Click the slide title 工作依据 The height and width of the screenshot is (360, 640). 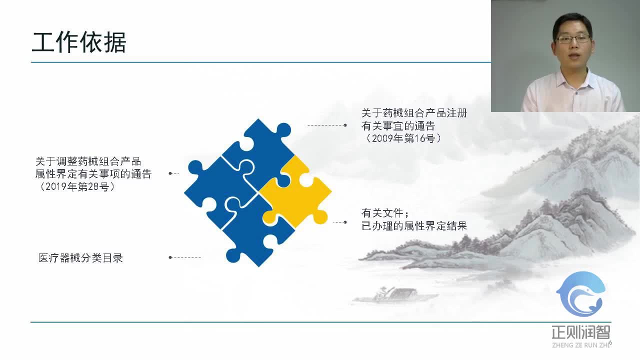78,43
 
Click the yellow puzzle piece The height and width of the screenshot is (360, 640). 295,192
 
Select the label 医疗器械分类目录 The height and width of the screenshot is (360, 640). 80,258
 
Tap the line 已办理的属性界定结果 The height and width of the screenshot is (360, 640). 414,225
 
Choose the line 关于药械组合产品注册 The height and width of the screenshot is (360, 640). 414,113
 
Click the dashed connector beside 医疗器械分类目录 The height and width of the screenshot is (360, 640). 185,257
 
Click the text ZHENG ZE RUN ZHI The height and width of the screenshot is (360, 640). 581,344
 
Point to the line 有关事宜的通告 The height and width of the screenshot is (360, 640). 398,125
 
